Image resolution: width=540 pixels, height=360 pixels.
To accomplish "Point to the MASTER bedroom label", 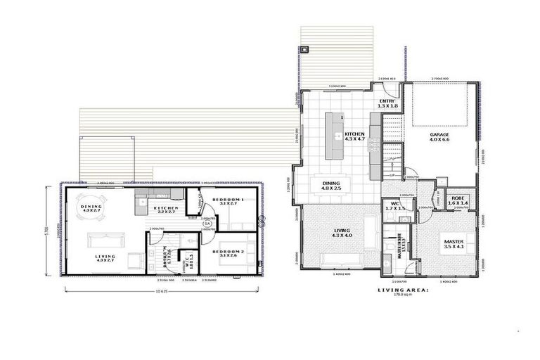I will [x=454, y=243].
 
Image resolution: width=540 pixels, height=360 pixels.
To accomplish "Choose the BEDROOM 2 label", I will [x=231, y=253].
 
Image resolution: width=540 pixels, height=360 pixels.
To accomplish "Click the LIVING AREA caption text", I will [x=402, y=290].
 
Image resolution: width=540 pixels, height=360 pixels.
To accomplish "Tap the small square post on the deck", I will [x=304, y=51].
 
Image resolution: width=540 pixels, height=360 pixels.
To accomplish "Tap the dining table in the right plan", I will [x=330, y=186].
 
